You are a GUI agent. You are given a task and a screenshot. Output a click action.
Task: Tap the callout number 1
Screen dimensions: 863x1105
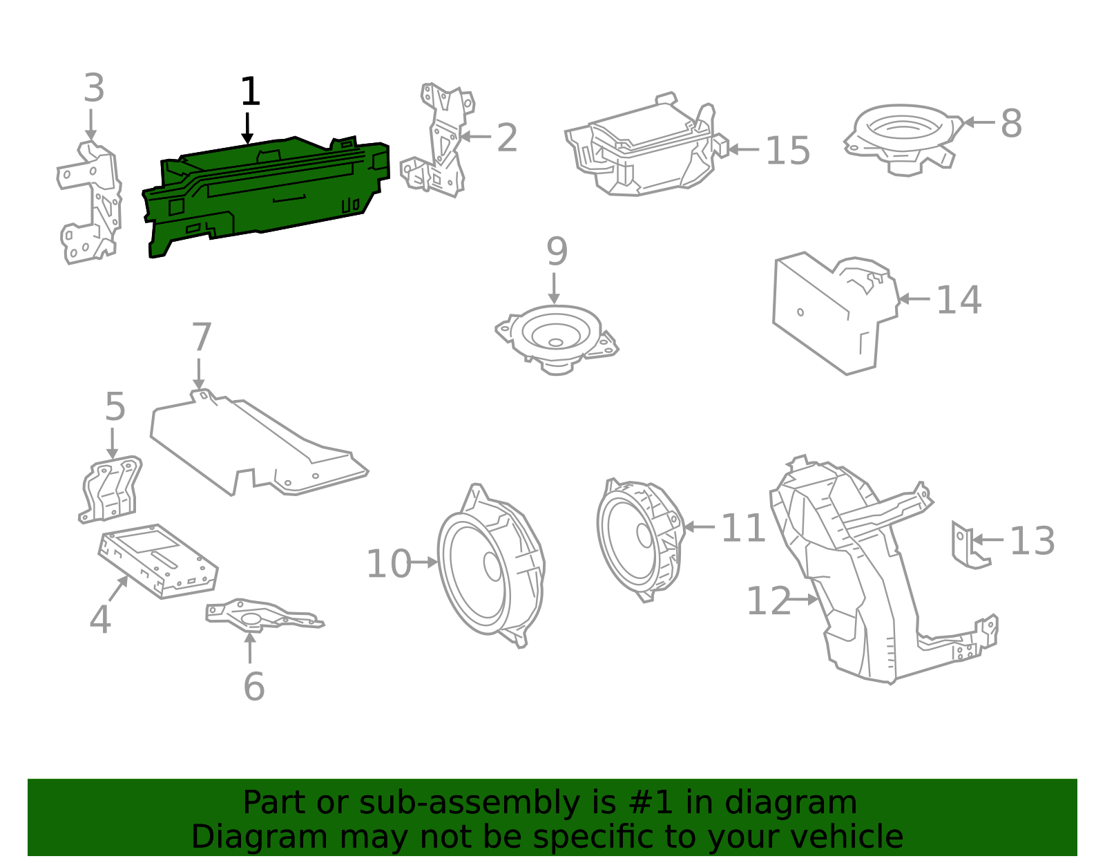[x=249, y=92]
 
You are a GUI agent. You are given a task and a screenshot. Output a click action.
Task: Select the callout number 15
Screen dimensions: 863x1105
[x=787, y=151]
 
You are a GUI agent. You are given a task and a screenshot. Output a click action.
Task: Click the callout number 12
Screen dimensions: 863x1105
[x=768, y=601]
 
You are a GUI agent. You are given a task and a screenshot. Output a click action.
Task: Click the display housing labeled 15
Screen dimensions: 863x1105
[x=642, y=149]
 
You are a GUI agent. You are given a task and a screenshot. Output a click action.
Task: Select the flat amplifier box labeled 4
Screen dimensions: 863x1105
[x=159, y=560]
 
